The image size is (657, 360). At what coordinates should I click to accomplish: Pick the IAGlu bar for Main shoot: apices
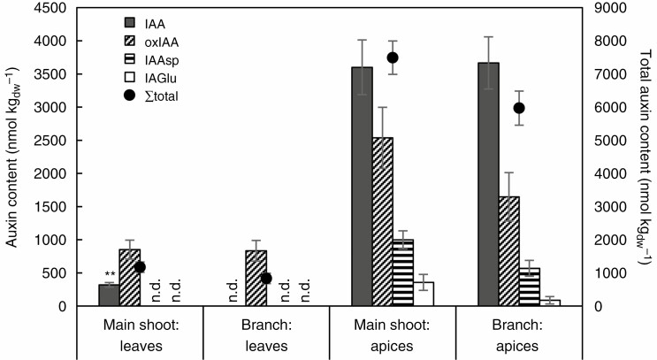click(424, 295)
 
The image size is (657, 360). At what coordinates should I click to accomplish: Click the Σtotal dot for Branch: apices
click(519, 108)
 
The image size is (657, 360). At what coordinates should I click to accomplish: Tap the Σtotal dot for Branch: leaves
click(266, 278)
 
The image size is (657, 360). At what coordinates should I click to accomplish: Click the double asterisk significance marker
click(110, 275)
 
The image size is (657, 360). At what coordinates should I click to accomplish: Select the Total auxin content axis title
click(644, 156)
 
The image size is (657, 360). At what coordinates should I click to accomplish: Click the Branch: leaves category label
click(266, 333)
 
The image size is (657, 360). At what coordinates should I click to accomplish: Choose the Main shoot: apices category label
click(393, 333)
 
